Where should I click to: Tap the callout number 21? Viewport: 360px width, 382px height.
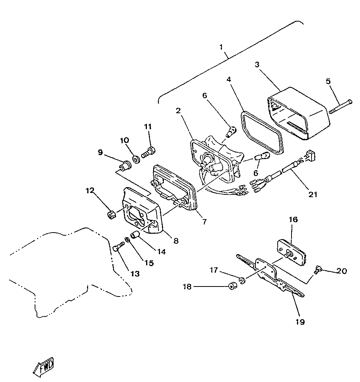pyautogui.click(x=313, y=194)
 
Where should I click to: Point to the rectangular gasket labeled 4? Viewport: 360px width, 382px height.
pyautogui.click(x=262, y=131)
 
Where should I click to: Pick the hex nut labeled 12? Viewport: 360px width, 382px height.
pyautogui.click(x=110, y=214)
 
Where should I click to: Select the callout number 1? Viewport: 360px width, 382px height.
pyautogui.click(x=221, y=47)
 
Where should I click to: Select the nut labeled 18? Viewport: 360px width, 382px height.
pyautogui.click(x=232, y=286)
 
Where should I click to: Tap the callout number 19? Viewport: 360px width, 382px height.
pyautogui.click(x=300, y=322)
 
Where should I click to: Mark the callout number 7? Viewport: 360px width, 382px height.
pyautogui.click(x=205, y=221)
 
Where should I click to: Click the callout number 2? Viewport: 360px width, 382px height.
pyautogui.click(x=178, y=111)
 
